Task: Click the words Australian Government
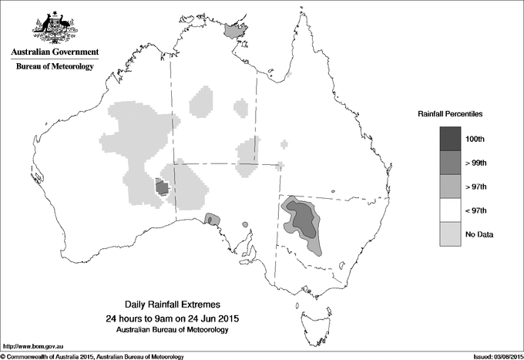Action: coord(55,52)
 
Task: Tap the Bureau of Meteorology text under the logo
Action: coord(55,67)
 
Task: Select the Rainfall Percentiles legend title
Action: coord(450,113)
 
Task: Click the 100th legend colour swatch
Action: coord(450,139)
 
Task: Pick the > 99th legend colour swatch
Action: coord(450,163)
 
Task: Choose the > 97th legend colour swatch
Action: coord(450,187)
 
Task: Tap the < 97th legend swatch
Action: coord(450,210)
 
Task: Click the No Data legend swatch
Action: coord(450,234)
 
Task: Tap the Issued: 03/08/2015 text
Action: coord(494,355)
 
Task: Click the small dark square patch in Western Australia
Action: coord(162,187)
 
